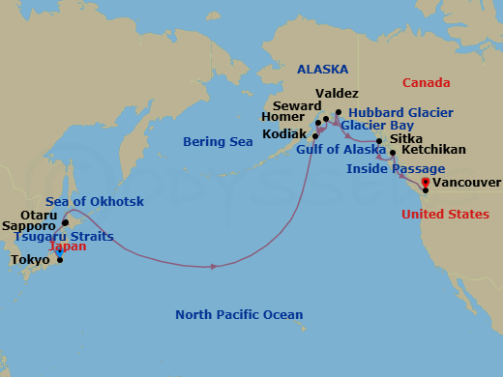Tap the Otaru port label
pos(39,216)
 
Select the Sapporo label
pos(28,225)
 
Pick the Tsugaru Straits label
pos(63,236)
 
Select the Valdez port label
pos(337,94)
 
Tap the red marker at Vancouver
pos(425,179)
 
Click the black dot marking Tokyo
pos(59,259)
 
